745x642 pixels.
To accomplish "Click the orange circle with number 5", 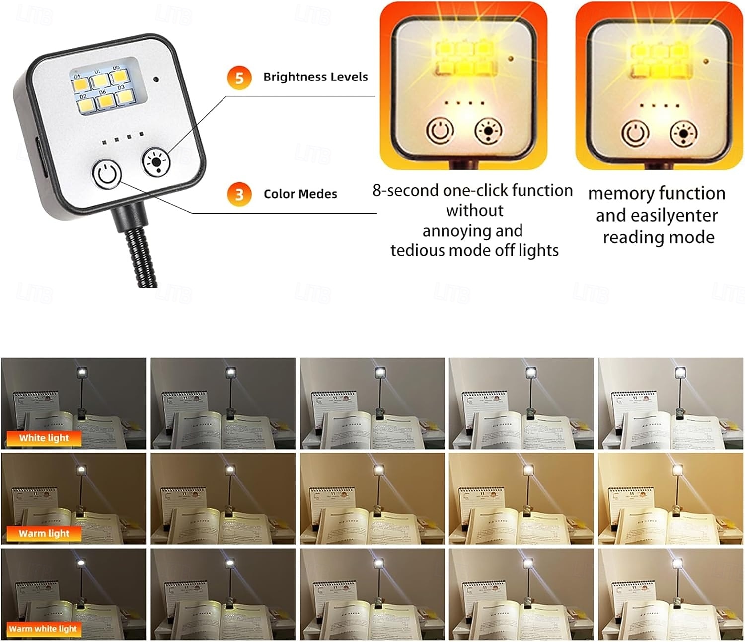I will (x=239, y=78).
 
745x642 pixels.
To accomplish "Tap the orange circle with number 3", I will (x=239, y=194).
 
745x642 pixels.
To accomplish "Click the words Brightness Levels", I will (x=315, y=77).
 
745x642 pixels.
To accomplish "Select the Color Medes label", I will (x=300, y=194).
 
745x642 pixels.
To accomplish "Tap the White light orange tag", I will (x=44, y=438).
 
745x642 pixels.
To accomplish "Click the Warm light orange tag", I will (x=44, y=533).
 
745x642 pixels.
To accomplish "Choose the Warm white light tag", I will (x=43, y=629).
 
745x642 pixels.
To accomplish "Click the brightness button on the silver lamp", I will (x=156, y=161).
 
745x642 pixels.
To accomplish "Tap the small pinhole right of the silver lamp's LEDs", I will (x=156, y=79).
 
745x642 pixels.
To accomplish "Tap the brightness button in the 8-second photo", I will (x=488, y=131).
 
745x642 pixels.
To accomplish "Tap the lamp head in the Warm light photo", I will (x=82, y=469).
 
